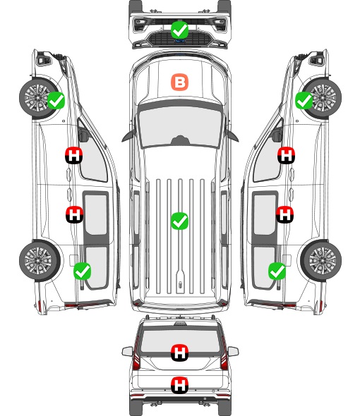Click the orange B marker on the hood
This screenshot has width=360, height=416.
pyautogui.click(x=179, y=82)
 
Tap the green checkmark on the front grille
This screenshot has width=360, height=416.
pyautogui.click(x=179, y=30)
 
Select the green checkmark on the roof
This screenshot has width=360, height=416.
pyautogui.click(x=179, y=221)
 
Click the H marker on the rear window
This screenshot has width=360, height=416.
pyautogui.click(x=180, y=353)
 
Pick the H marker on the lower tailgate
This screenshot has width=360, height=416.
pyautogui.click(x=180, y=385)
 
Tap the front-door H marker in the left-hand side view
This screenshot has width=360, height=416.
pyautogui.click(x=74, y=155)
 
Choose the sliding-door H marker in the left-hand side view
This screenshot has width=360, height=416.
pyautogui.click(x=74, y=214)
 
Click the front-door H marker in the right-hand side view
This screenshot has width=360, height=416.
pyautogui.click(x=286, y=155)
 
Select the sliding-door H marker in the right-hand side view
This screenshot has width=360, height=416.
pyautogui.click(x=284, y=214)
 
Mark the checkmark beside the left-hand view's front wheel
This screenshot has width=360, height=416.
pyautogui.click(x=56, y=100)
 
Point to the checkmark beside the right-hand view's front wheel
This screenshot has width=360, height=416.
pyautogui.click(x=304, y=100)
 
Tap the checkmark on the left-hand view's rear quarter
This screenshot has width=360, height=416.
pyautogui.click(x=82, y=271)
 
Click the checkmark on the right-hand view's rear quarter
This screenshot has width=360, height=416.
pyautogui.click(x=277, y=271)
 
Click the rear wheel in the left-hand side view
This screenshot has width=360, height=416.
pyautogui.click(x=40, y=260)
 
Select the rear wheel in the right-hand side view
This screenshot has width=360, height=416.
pyautogui.click(x=321, y=260)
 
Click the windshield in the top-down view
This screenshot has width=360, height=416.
pyautogui.click(x=180, y=127)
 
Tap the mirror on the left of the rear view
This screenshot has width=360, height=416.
pyautogui.click(x=127, y=352)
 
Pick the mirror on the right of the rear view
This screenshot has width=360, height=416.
pyautogui.click(x=233, y=352)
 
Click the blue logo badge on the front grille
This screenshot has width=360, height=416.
pyautogui.click(x=179, y=41)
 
